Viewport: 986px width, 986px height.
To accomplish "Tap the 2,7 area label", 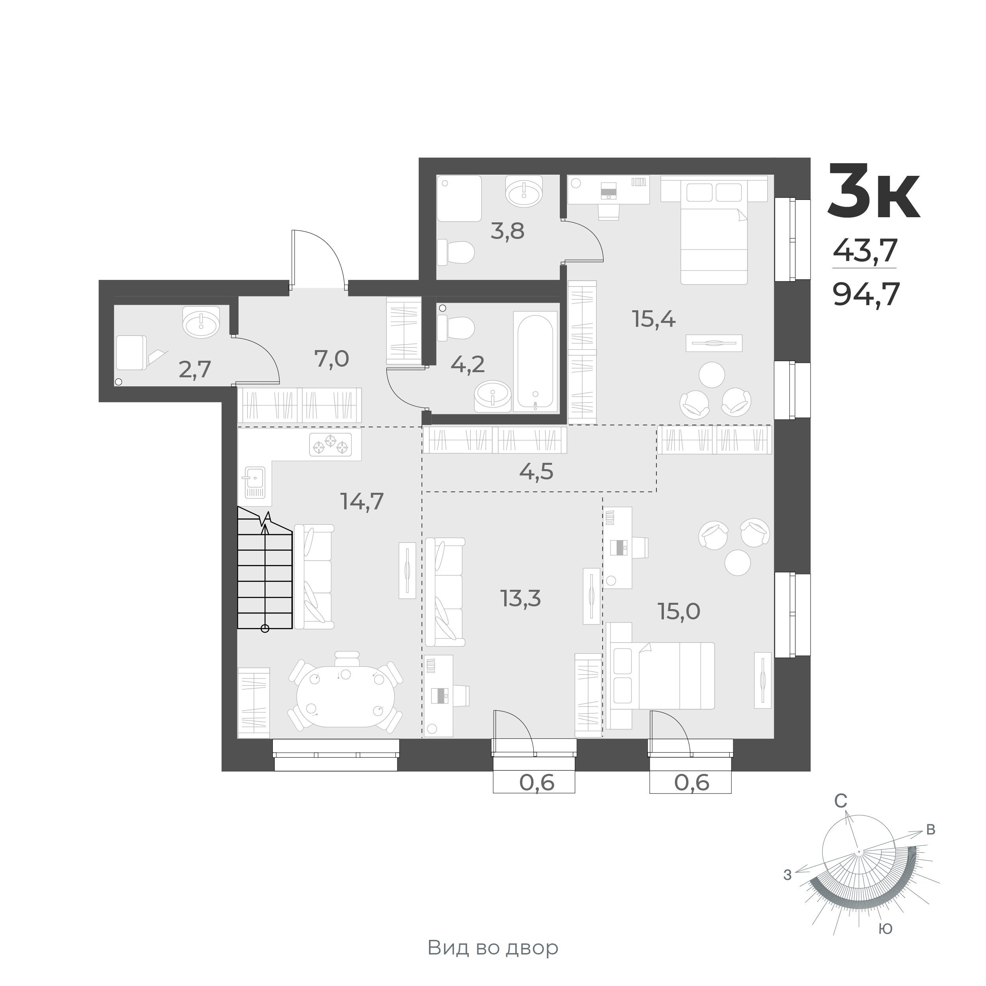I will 194,369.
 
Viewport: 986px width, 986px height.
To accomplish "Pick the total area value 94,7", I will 865,294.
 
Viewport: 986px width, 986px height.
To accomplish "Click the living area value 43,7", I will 865,251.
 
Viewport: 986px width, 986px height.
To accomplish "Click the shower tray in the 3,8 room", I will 459,199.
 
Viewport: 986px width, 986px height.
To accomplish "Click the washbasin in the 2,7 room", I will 201,322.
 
